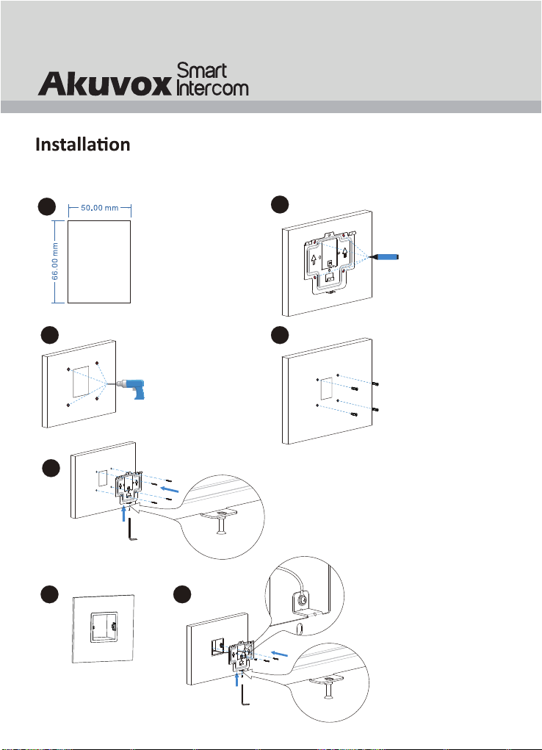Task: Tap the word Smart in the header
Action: click(203, 71)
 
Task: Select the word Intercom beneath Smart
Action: click(213, 89)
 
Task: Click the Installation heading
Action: click(83, 145)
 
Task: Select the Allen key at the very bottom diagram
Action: click(245, 706)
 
